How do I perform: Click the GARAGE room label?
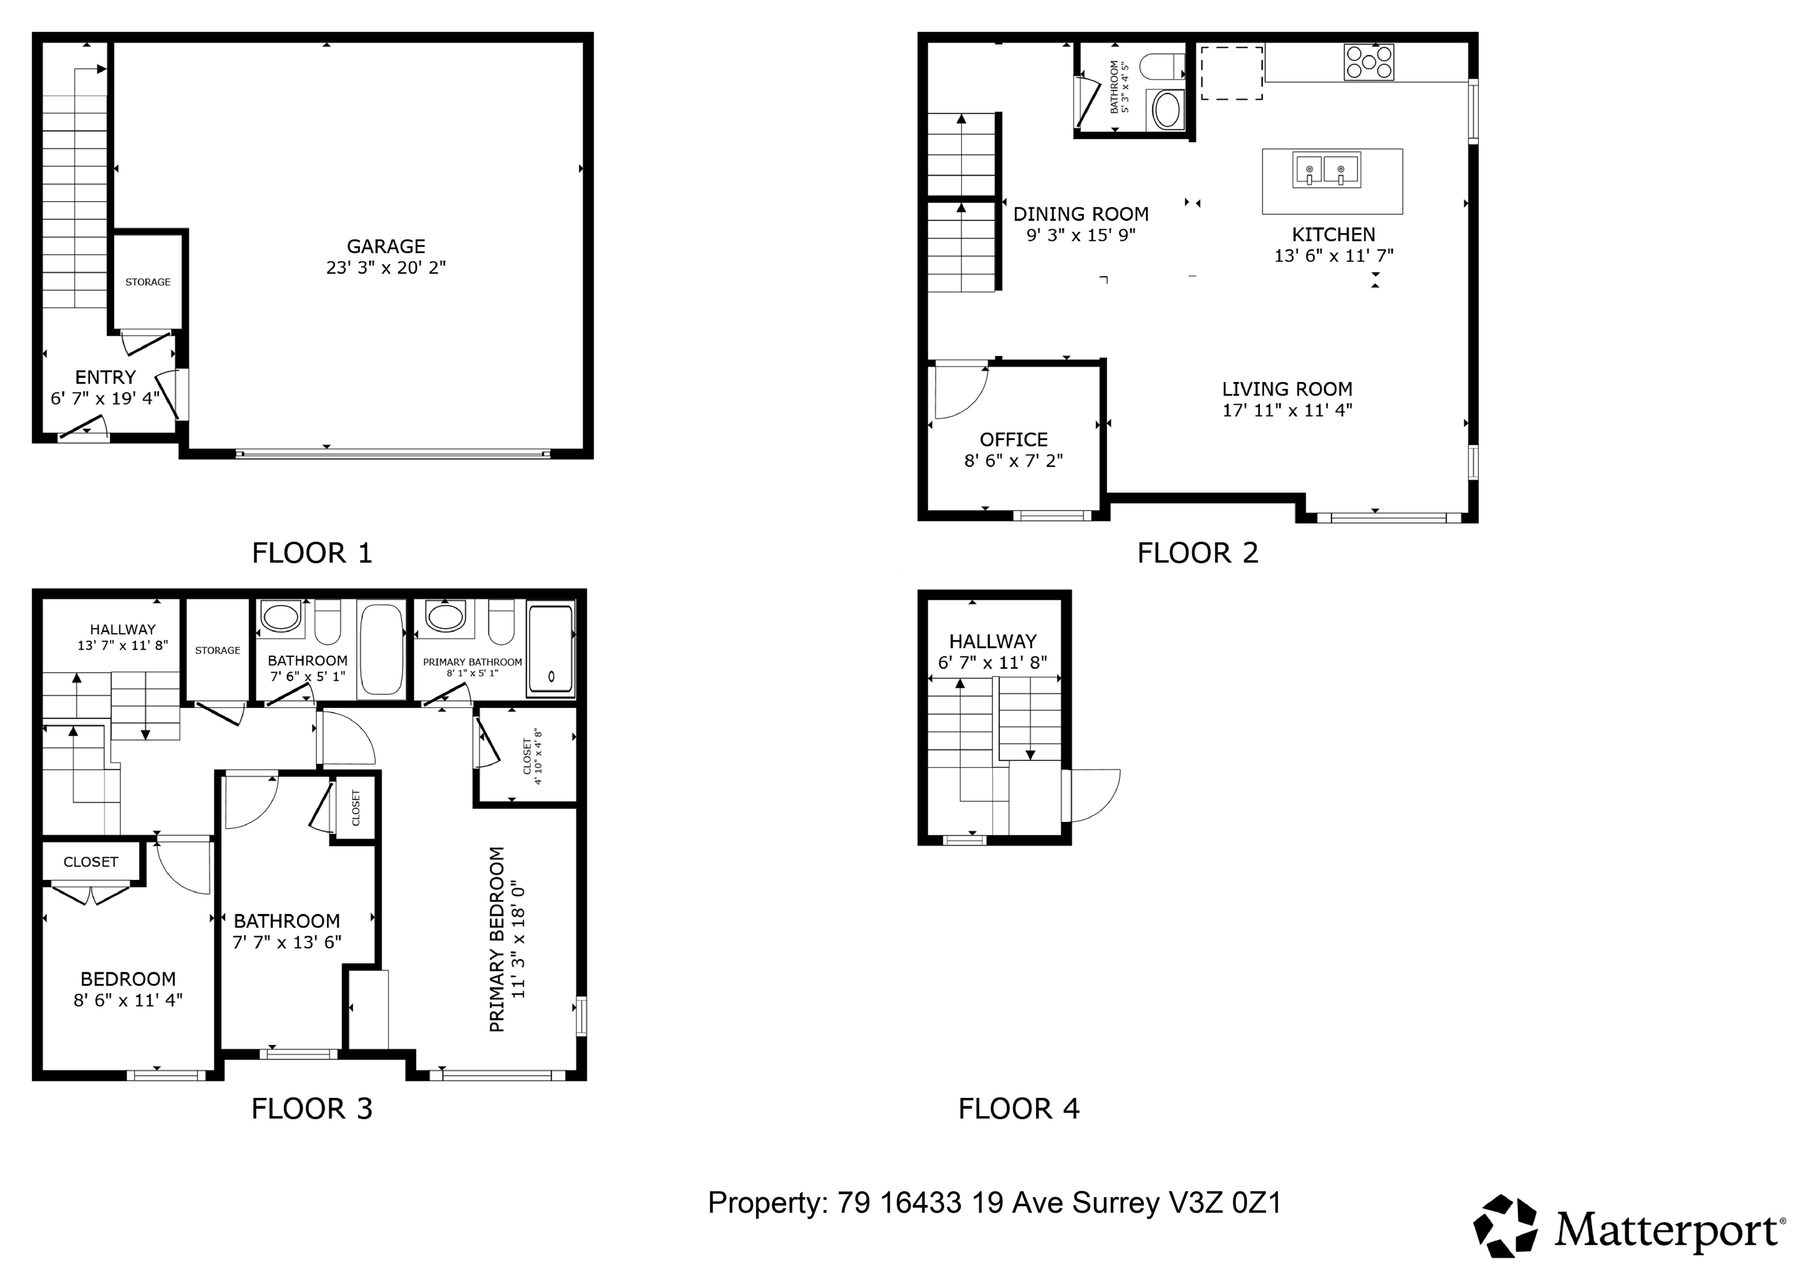[x=386, y=246]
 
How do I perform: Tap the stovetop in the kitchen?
[x=1369, y=62]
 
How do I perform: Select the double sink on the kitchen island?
[x=1326, y=170]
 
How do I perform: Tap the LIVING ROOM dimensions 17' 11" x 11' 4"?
[x=1287, y=409]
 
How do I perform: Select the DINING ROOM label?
[x=1081, y=214]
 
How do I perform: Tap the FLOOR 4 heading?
[x=1019, y=1109]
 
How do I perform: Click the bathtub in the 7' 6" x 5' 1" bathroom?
[x=382, y=649]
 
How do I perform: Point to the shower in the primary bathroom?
[x=551, y=649]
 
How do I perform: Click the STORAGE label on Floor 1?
[x=148, y=281]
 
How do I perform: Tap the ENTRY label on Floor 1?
[x=105, y=377]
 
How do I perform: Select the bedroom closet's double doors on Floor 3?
[x=91, y=895]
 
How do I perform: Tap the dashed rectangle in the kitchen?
[x=1231, y=73]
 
